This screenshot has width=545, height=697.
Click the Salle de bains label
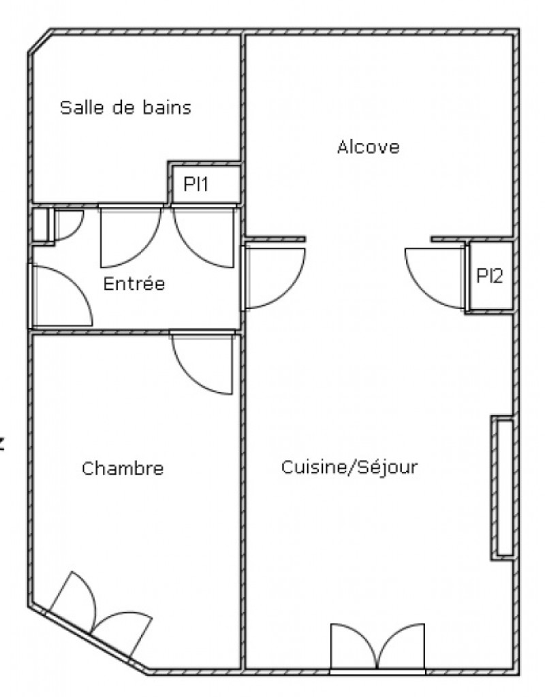pyautogui.click(x=125, y=108)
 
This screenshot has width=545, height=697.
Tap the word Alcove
pyautogui.click(x=369, y=147)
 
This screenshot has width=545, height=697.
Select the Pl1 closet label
pyautogui.click(x=196, y=184)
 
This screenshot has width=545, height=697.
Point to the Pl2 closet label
pyautogui.click(x=489, y=276)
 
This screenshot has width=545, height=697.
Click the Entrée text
pyautogui.click(x=134, y=283)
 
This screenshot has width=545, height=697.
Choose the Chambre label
pyautogui.click(x=123, y=468)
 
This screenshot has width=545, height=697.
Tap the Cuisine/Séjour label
pyautogui.click(x=349, y=467)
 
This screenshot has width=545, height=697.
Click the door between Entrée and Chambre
pyautogui.click(x=202, y=362)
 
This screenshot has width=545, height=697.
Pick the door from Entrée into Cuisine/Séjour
pyautogui.click(x=274, y=278)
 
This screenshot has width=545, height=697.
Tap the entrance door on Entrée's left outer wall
pyautogui.click(x=61, y=295)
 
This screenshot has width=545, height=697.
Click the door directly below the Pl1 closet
pyautogui.click(x=203, y=236)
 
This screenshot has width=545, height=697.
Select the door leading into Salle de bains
pyautogui.click(x=130, y=236)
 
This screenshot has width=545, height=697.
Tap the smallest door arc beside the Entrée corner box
pyautogui.click(x=68, y=225)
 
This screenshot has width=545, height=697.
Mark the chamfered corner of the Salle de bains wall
pyautogui.click(x=40, y=42)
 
